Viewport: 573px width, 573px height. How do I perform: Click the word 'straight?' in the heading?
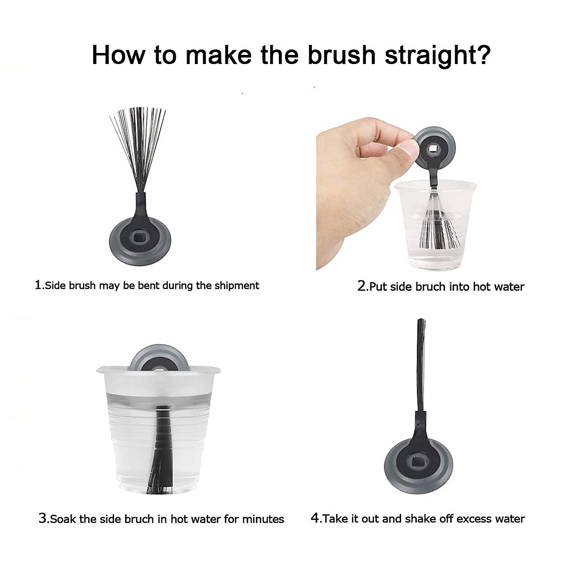point(437,55)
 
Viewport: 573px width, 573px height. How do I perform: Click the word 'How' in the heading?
point(118,55)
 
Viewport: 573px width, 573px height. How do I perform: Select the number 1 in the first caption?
point(38,285)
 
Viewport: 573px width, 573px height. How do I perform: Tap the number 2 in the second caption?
point(361,286)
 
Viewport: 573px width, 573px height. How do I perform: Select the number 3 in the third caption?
point(42,518)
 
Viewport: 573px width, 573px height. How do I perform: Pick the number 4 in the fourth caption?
point(315,518)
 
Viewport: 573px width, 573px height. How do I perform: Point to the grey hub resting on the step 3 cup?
point(160,358)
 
